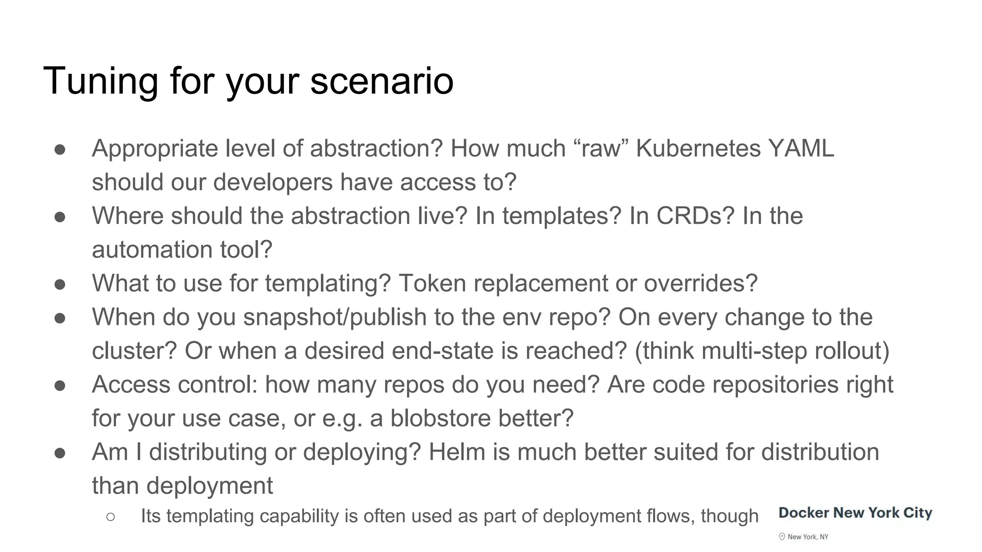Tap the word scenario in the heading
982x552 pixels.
pos(382,81)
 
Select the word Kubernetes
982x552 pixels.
pos(698,149)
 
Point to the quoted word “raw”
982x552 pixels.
pos(601,149)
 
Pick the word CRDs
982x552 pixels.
pos(695,216)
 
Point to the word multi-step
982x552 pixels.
pos(754,351)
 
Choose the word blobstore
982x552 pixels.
pos(440,418)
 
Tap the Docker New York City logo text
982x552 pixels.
pos(855,513)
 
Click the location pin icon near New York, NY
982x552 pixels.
pos(782,537)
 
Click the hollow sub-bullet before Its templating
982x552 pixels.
pos(110,517)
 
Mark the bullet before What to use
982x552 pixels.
pos(60,284)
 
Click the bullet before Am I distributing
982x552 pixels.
pos(60,453)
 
